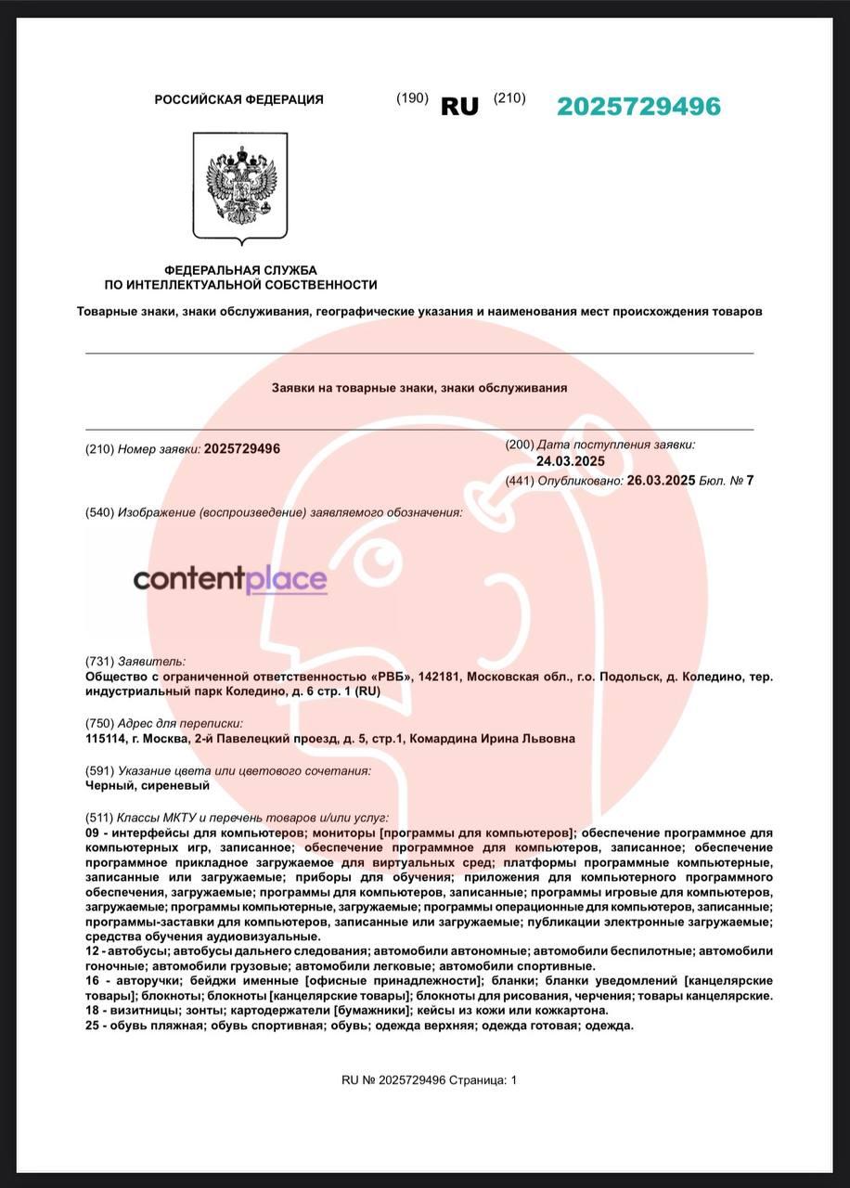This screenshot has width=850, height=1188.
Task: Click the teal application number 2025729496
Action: (x=638, y=107)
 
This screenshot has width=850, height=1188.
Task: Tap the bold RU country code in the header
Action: (x=459, y=107)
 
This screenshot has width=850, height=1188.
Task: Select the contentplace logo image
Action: (x=230, y=581)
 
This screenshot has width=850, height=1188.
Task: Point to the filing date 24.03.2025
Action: (x=570, y=461)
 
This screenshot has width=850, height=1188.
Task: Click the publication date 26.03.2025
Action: (x=661, y=480)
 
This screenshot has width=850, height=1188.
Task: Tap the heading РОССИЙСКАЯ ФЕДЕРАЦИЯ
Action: (x=238, y=99)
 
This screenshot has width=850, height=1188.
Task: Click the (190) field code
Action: (x=412, y=98)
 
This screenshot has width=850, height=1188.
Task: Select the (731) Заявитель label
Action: (x=135, y=662)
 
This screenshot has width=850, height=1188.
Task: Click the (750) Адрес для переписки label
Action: (x=163, y=723)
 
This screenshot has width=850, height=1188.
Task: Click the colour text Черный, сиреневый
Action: (x=147, y=785)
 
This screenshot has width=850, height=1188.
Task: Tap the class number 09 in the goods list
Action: (x=91, y=833)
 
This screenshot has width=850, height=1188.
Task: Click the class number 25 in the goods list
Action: (x=91, y=1026)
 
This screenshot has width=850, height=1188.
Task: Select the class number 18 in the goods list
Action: (x=91, y=1010)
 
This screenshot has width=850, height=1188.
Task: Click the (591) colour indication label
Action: (x=227, y=770)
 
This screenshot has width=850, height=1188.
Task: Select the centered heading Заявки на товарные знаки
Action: (x=419, y=388)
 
